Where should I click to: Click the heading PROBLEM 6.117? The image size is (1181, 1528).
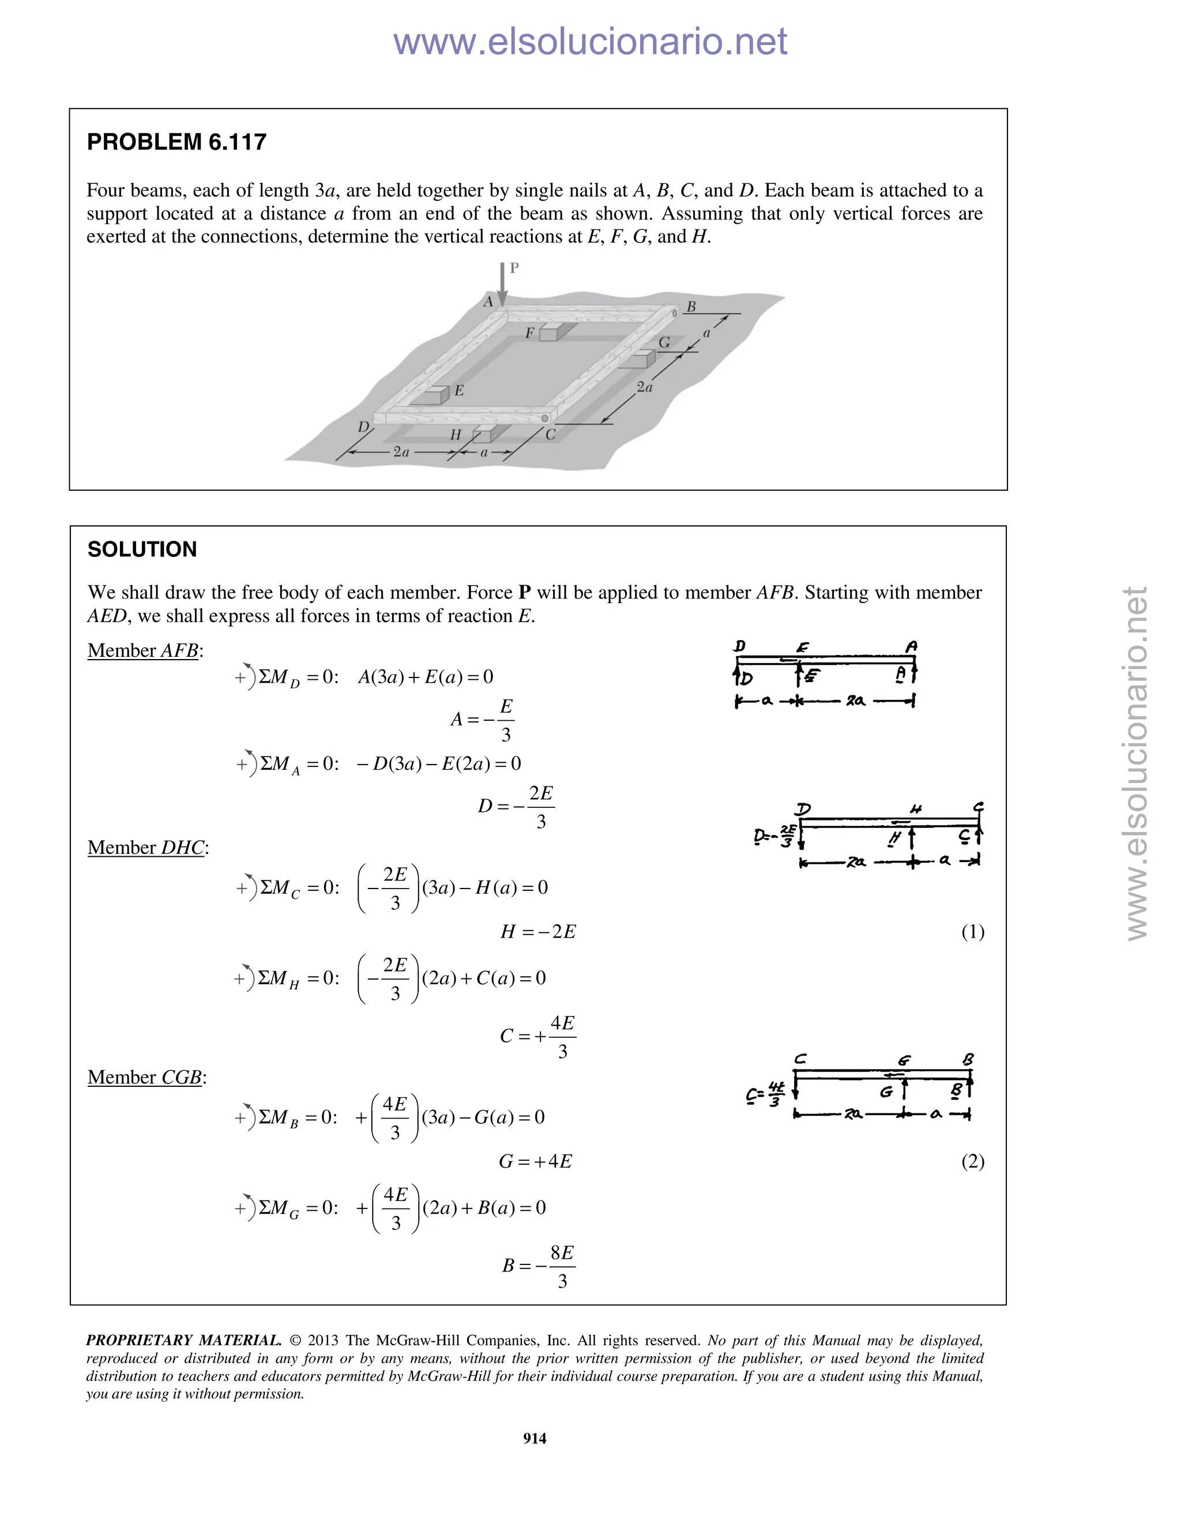176,142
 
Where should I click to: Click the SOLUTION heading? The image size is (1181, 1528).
142,549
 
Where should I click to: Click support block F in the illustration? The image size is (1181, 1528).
549,332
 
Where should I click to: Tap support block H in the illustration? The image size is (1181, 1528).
483,435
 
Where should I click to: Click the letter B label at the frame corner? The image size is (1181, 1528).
690,306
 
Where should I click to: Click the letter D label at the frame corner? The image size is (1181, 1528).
363,427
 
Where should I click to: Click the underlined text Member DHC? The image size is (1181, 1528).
147,848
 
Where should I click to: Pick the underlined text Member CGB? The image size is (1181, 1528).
145,1078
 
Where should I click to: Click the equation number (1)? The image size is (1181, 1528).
972,932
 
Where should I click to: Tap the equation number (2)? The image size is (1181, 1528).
972,1161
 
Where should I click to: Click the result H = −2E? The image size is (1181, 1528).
538,932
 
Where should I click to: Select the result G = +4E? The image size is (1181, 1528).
535,1161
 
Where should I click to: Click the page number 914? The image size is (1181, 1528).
535,1439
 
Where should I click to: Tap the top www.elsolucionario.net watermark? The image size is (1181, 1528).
590,42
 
